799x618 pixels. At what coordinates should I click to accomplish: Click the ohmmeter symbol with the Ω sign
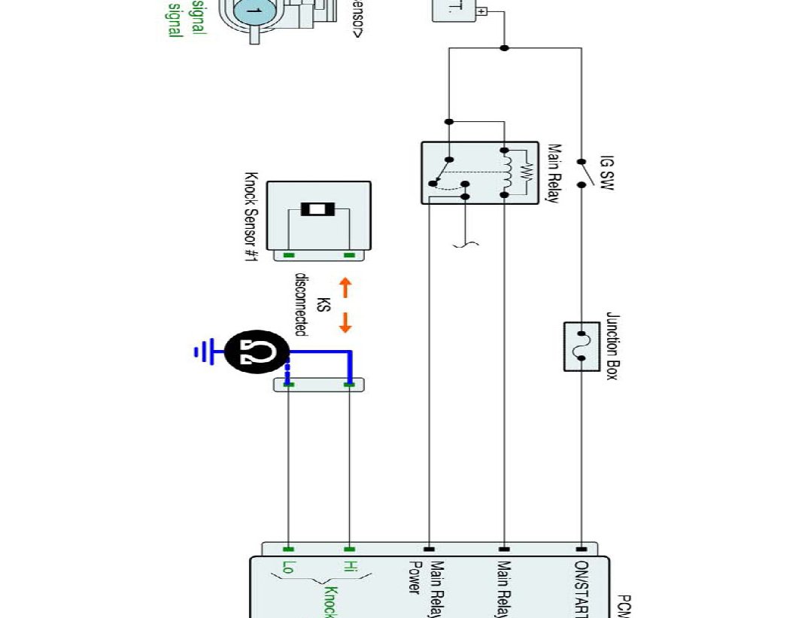(x=256, y=352)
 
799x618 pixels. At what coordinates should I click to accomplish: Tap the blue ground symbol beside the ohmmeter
(x=202, y=352)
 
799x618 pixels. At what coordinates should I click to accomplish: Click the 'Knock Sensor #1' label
(x=251, y=219)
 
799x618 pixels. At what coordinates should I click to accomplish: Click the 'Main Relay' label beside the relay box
(x=554, y=174)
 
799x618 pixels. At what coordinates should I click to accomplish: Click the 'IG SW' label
(x=606, y=172)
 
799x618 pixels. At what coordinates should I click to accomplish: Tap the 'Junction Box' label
(x=611, y=346)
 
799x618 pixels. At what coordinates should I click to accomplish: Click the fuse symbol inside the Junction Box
(x=581, y=346)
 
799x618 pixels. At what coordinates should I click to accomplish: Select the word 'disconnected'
(x=300, y=304)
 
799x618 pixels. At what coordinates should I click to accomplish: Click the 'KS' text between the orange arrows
(x=323, y=305)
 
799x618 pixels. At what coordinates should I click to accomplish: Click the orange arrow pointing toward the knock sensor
(x=345, y=287)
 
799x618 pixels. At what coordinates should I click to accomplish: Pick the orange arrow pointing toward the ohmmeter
(x=345, y=322)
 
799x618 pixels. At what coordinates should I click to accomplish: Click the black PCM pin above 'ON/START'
(x=581, y=549)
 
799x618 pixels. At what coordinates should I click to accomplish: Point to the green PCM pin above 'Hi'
(x=348, y=549)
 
